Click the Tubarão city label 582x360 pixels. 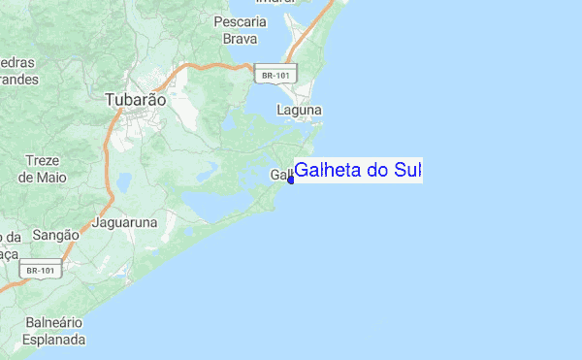point(135,99)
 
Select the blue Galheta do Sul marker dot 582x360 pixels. point(291,179)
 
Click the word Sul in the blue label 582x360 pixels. point(407,171)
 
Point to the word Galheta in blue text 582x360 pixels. point(331,171)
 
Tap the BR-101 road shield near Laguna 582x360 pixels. point(276,75)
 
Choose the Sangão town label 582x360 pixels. point(56,236)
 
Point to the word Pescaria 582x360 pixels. point(240,21)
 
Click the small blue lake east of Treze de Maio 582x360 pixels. point(123,181)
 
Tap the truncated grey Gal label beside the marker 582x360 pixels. point(279,175)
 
